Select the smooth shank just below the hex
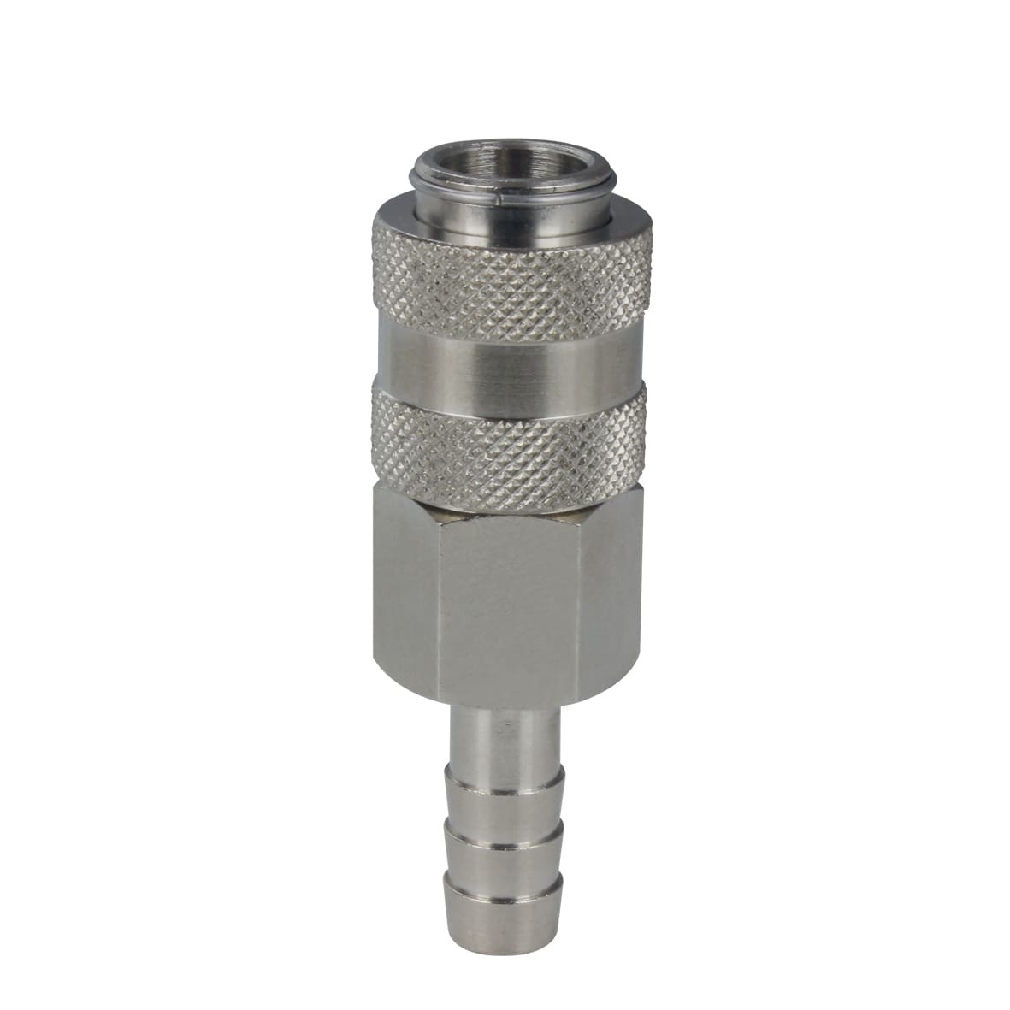tap(505, 735)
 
